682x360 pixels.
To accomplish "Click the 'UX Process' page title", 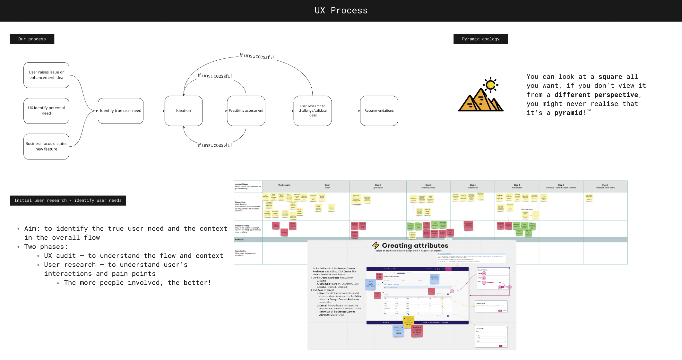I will tap(341, 11).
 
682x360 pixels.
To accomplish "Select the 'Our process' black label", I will tap(32, 39).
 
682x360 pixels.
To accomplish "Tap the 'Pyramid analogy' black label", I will tap(480, 39).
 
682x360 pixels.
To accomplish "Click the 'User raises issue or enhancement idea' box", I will tap(46, 75).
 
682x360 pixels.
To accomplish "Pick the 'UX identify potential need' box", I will tap(46, 111).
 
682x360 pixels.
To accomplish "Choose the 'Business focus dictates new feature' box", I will tap(46, 147).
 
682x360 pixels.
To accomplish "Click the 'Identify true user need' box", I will tap(121, 111).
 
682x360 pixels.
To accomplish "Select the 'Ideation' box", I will tap(184, 111).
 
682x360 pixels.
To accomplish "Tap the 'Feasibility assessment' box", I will tap(246, 111).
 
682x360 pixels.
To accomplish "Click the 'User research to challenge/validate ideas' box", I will tap(313, 111).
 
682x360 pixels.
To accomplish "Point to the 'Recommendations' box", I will tap(379, 111).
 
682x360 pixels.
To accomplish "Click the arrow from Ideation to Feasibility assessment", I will tap(215, 111).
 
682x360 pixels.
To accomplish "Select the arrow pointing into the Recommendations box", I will tap(346, 111).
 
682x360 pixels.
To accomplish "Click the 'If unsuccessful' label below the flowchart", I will tap(214, 145).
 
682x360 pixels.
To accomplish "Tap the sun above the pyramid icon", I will tap(490, 85).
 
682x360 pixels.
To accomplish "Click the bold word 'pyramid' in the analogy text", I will tap(568, 113).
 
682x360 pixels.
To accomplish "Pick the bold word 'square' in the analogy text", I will tap(610, 77).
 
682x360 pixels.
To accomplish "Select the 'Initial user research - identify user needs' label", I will tap(68, 201).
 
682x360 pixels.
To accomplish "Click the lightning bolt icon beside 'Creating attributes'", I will tap(376, 245).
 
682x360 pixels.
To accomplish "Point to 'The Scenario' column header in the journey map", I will tap(284, 185).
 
